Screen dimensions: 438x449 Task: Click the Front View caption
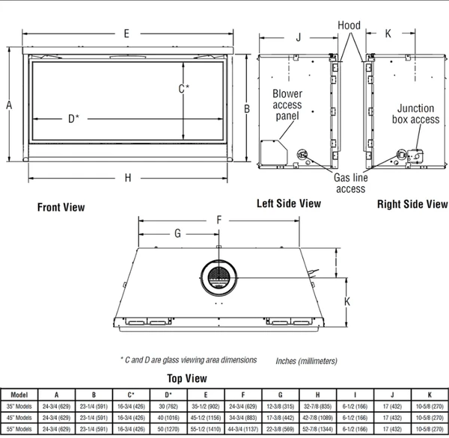point(61,208)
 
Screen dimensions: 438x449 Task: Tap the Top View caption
point(186,378)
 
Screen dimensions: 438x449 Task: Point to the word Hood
point(348,25)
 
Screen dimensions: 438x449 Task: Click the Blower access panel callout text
point(287,105)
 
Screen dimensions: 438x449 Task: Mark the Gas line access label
point(350,184)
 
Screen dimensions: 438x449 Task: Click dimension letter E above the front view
point(127,34)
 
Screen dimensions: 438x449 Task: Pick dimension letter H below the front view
point(128,178)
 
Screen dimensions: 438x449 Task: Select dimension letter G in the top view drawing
point(178,233)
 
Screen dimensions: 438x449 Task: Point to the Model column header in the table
point(19,394)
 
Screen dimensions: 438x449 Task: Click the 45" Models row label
point(19,418)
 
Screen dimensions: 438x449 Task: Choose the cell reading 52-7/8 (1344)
point(319,430)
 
